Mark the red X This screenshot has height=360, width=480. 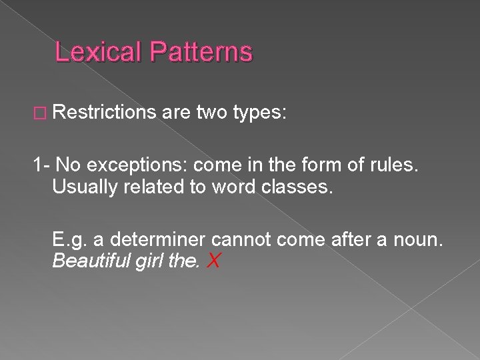point(214,261)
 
